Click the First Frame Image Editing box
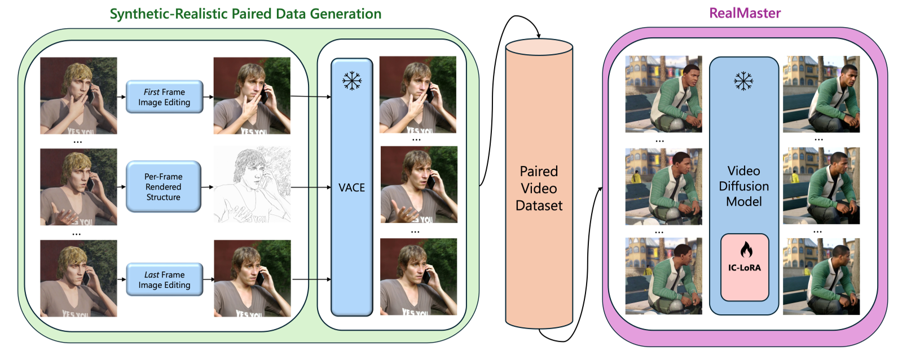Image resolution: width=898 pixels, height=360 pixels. pos(164,97)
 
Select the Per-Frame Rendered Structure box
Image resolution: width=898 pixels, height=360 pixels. pos(164,187)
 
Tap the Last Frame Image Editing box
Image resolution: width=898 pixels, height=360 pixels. pos(164,279)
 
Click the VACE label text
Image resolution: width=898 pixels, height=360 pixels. pos(351,188)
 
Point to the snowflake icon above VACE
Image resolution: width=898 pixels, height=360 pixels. pos(352,82)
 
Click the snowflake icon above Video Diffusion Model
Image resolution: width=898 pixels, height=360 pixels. pos(743,81)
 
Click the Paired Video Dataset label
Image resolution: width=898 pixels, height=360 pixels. pos(539,188)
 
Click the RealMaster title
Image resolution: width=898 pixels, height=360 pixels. pos(745,14)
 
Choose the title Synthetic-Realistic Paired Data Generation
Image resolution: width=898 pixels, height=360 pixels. pos(245,14)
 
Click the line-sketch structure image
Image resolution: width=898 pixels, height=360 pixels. pos(252,185)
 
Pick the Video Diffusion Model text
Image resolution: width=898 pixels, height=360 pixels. pos(743,186)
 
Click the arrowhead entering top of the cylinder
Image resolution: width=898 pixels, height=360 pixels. pos(539,36)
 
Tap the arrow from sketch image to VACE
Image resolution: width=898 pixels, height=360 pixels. pos(310,187)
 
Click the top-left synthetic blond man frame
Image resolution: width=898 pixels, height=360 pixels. pos(78,95)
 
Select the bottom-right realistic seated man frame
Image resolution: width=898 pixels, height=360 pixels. pos(821,276)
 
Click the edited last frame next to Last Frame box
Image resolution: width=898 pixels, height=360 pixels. pos(252,278)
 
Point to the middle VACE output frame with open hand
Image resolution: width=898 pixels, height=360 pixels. pos(419,185)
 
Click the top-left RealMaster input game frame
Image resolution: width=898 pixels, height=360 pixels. pos(663,94)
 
